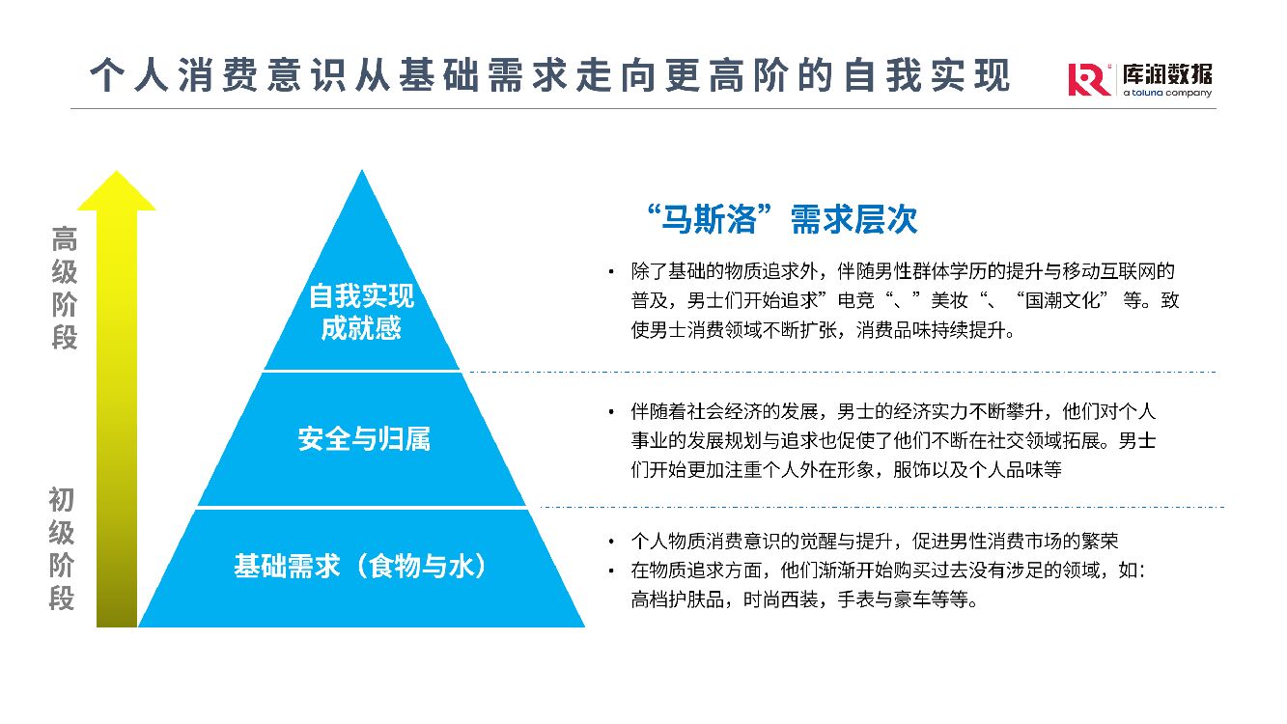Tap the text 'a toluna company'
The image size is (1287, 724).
tap(1166, 94)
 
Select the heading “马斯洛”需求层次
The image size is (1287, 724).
tap(782, 220)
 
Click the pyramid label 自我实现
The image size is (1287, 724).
tap(361, 295)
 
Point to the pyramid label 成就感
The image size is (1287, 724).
tap(361, 328)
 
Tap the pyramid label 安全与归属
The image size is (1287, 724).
tap(363, 439)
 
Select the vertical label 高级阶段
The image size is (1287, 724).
tap(64, 288)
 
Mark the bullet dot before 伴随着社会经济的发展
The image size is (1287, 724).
tap(610, 412)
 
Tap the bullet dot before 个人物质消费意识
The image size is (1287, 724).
tap(610, 541)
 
